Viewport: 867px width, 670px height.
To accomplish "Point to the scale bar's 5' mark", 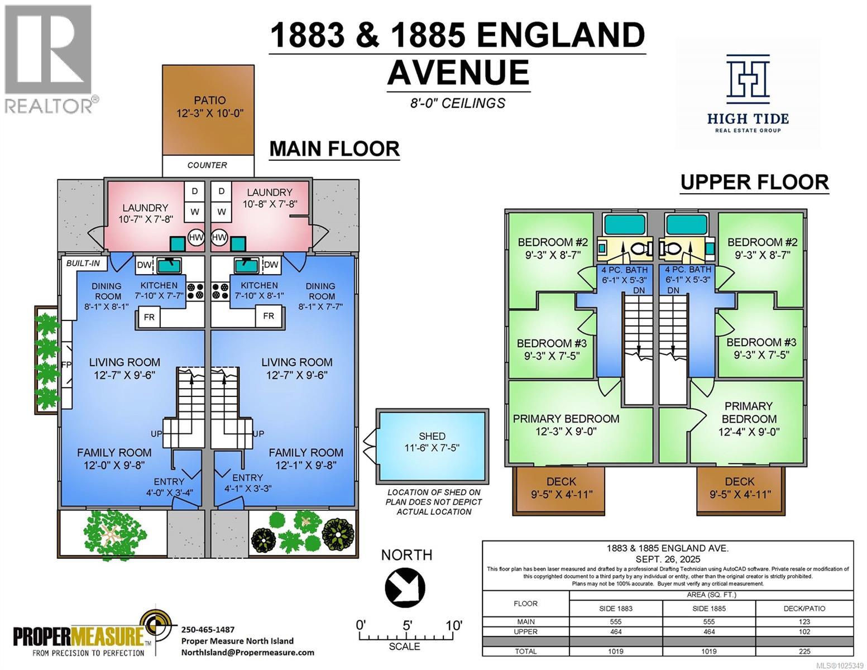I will pyautogui.click(x=407, y=625).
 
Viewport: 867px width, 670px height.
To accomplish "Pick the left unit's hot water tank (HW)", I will pyautogui.click(x=195, y=237).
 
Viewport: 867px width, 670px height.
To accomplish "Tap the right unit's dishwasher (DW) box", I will pyautogui.click(x=271, y=265).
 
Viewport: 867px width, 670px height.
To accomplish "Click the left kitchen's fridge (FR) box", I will pyautogui.click(x=149, y=317).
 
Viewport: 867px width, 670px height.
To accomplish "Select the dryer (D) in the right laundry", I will pyautogui.click(x=222, y=191).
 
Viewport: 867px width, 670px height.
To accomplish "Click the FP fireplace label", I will pyautogui.click(x=66, y=365).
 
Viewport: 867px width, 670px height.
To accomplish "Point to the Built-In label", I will pyautogui.click(x=83, y=263).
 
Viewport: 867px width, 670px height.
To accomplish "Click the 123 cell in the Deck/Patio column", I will pyautogui.click(x=804, y=621).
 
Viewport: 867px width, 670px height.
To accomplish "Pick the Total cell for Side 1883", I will pyautogui.click(x=616, y=651).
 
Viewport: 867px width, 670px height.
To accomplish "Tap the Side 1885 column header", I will pyautogui.click(x=708, y=608).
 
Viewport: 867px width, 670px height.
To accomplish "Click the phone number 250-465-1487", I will pyautogui.click(x=208, y=629).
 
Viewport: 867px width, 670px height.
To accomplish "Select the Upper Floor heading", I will pyautogui.click(x=754, y=182).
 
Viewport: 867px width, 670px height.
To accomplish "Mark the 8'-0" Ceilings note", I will pyautogui.click(x=458, y=103).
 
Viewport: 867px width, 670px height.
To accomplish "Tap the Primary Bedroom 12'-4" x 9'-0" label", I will pyautogui.click(x=749, y=419).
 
